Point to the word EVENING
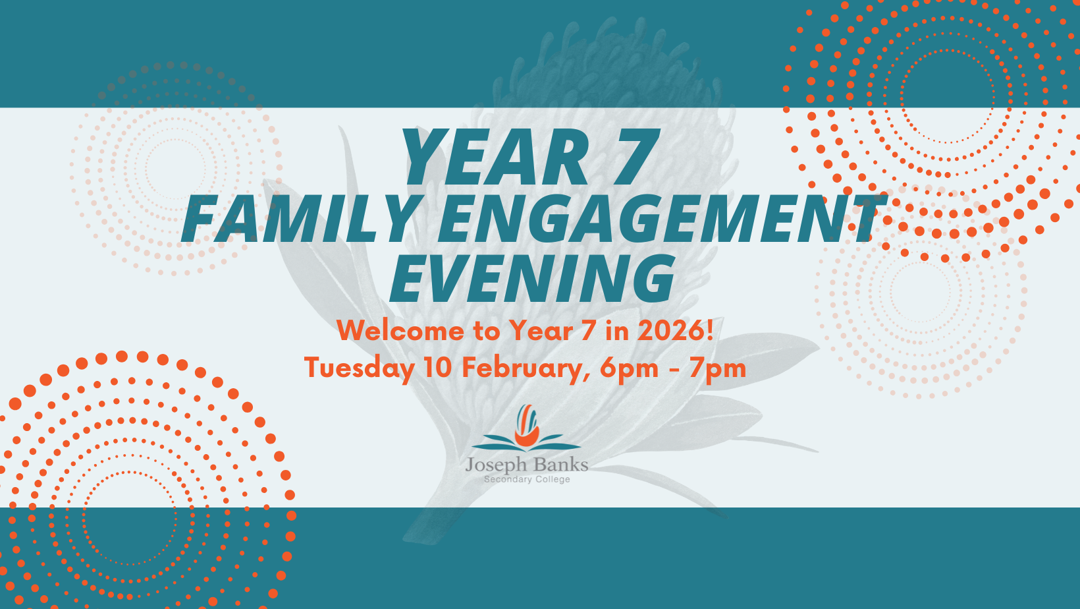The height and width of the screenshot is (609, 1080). click(532, 278)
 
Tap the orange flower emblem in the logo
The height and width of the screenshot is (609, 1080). click(527, 425)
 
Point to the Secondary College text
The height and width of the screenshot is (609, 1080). click(527, 479)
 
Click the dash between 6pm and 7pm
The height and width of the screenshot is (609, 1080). click(674, 370)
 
